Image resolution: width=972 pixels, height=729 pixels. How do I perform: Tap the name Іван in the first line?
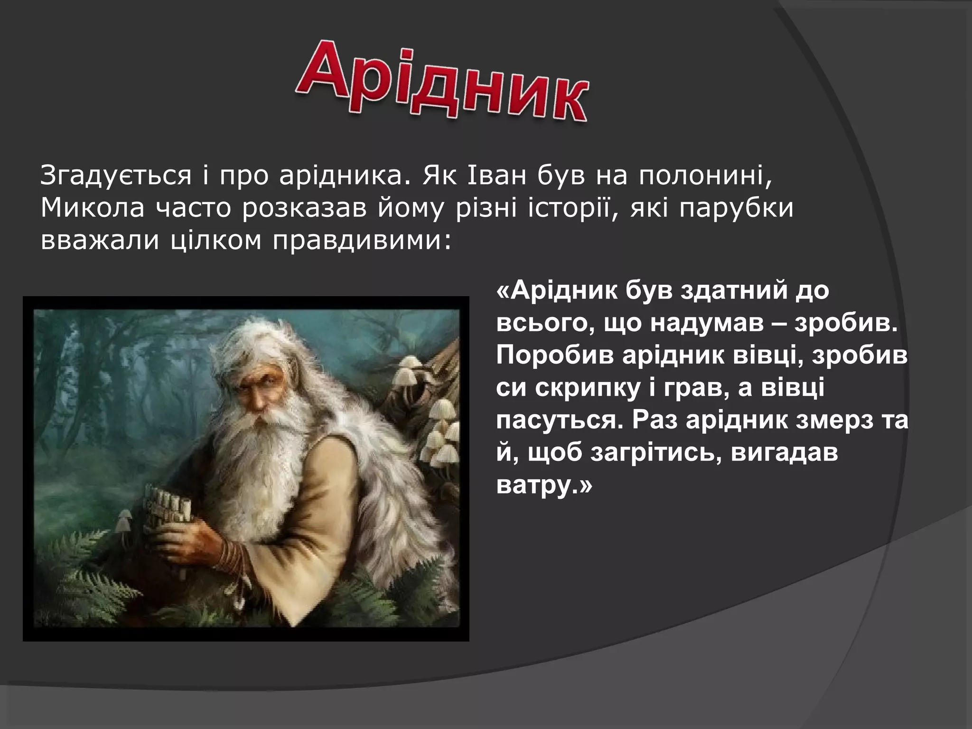498,176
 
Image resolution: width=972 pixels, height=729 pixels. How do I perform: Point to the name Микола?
92,209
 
